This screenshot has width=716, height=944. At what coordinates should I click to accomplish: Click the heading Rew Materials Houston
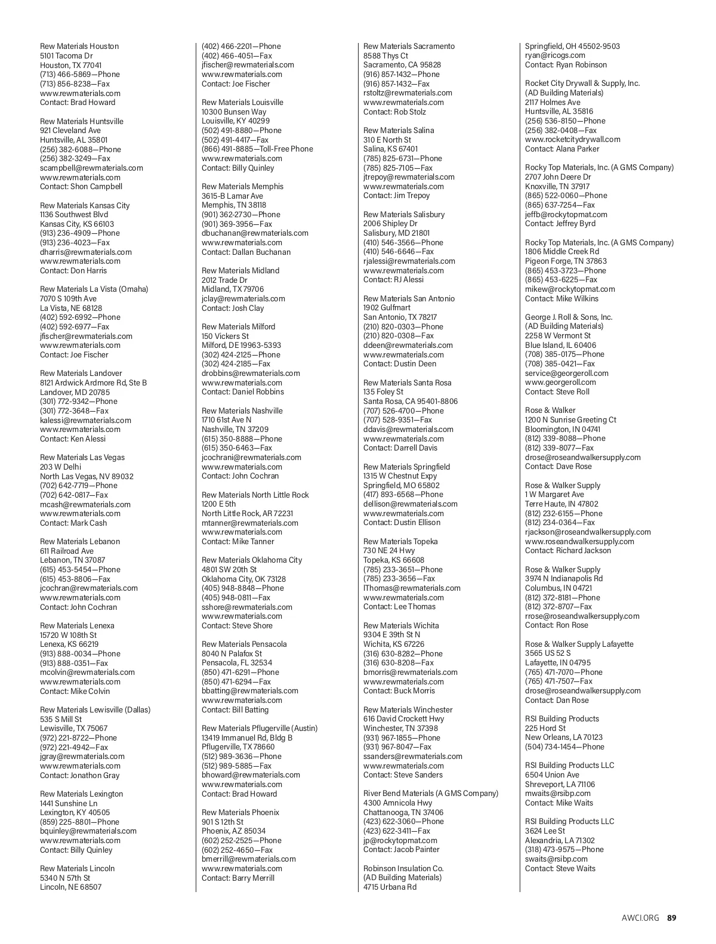(79, 46)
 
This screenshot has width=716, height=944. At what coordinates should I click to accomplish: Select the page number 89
(672, 918)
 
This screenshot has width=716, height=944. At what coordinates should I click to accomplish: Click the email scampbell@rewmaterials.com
(91, 168)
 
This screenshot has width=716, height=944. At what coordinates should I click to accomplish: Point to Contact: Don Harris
(73, 270)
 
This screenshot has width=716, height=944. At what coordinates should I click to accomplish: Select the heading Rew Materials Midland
(240, 270)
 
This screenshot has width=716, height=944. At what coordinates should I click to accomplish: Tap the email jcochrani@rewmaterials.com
(251, 457)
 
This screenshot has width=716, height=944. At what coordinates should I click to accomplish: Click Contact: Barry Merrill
(238, 878)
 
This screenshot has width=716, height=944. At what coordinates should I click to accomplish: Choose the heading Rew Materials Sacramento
(409, 46)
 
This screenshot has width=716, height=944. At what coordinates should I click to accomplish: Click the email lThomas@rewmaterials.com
(412, 588)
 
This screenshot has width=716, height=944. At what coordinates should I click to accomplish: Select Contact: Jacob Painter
(401, 849)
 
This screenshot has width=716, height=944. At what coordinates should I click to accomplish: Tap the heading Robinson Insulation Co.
(403, 868)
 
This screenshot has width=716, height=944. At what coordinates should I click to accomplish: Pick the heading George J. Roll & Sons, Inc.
(569, 317)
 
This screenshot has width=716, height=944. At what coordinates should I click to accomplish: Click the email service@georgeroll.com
(567, 373)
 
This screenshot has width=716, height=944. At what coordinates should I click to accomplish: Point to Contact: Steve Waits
(560, 868)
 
